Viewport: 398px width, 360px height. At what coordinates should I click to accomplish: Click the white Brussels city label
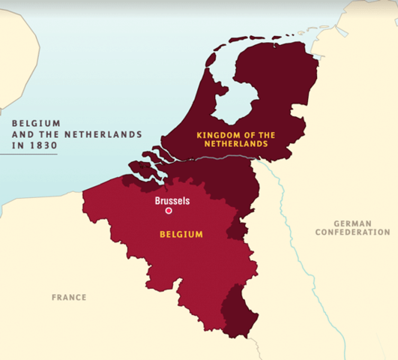click(172, 201)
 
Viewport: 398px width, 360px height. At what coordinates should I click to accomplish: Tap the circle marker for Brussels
click(169, 211)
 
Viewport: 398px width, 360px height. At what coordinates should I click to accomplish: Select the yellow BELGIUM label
click(181, 235)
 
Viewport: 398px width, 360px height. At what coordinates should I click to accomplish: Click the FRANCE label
click(69, 298)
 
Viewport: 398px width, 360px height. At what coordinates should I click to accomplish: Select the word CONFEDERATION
click(352, 232)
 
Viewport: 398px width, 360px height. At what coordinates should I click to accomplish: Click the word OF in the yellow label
click(247, 136)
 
